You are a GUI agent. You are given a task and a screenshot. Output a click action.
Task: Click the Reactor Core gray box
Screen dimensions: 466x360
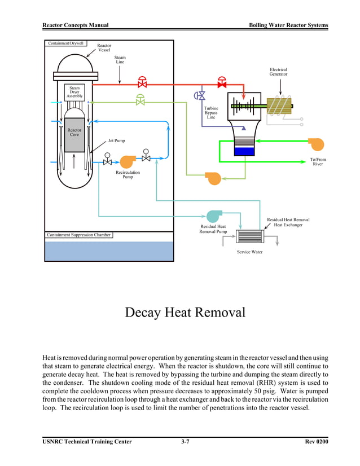coord(74,134)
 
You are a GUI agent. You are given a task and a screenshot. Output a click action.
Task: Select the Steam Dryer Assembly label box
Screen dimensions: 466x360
coord(74,92)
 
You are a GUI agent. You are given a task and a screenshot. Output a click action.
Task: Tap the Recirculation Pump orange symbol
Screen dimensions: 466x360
coord(127,160)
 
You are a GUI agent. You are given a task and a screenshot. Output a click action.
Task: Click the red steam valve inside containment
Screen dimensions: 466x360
coord(142,82)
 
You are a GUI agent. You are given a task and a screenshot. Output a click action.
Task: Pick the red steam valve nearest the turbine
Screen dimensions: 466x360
coord(222,82)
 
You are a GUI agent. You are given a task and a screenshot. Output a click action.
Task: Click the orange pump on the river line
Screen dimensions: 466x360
coord(317,144)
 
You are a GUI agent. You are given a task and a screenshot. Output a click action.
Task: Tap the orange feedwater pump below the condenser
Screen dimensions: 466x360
coord(213,178)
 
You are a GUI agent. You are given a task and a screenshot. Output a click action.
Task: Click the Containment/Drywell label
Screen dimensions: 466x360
coord(65,43)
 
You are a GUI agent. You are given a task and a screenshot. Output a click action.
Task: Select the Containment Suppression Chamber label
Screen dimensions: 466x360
coord(78,235)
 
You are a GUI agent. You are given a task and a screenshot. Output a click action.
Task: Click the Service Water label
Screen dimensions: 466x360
coord(249,252)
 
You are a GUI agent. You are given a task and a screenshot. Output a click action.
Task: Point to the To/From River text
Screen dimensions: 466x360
coord(318,162)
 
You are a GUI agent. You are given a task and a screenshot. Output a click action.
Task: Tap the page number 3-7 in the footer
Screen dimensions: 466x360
coord(185,442)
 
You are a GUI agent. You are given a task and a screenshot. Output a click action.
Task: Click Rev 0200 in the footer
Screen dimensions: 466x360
coord(316,442)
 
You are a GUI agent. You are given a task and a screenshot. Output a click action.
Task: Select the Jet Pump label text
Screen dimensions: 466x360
coord(116,140)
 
